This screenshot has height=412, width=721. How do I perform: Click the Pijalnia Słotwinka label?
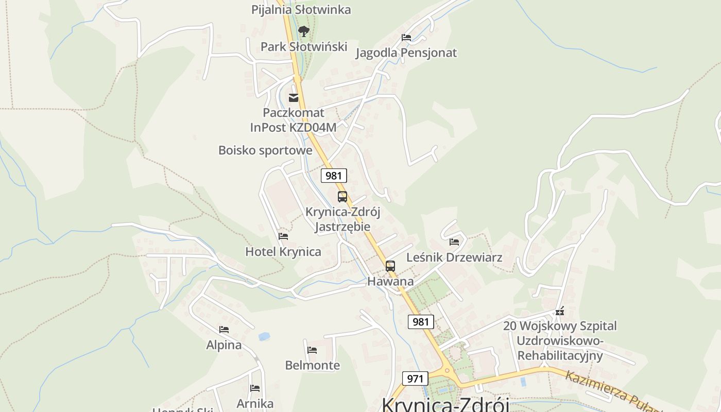[x=301, y=9]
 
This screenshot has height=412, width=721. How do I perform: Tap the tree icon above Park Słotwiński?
[x=304, y=31]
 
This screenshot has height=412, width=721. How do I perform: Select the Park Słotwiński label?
[x=304, y=46]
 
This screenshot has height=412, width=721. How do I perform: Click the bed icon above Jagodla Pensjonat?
[x=406, y=37]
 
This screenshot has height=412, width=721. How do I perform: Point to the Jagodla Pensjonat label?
[x=406, y=53]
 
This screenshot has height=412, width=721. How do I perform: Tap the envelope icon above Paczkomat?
[x=294, y=98]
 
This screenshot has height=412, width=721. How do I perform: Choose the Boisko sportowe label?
[x=265, y=150]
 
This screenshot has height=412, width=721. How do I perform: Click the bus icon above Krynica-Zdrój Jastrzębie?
[x=342, y=196]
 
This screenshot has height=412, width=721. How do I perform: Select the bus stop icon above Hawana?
[x=390, y=266]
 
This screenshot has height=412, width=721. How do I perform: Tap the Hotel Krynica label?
[x=283, y=252]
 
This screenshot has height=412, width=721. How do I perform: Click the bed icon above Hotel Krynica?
[x=283, y=236]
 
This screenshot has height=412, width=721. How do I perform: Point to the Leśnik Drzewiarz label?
[x=454, y=257]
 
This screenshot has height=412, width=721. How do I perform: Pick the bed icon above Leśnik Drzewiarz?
[x=454, y=242]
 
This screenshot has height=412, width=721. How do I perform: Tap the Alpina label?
[x=224, y=345]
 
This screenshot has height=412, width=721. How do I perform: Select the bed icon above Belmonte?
[x=312, y=350]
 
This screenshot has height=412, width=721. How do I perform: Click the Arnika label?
[x=255, y=403]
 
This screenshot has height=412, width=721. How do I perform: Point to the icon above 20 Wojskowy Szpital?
[x=560, y=311]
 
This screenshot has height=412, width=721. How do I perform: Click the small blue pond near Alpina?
[x=264, y=336]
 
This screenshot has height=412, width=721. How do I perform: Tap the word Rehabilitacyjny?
[x=560, y=355]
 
